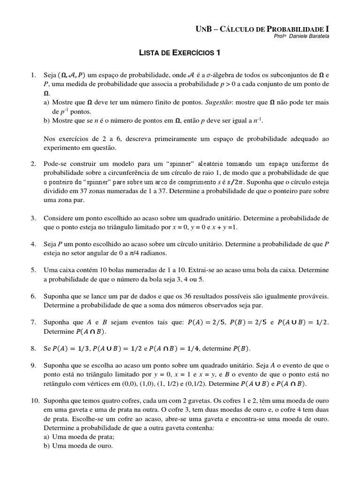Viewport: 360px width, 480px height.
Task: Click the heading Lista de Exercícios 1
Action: [x=180, y=53]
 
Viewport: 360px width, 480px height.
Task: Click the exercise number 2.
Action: [x=33, y=164]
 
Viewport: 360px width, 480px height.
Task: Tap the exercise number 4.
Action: [x=33, y=244]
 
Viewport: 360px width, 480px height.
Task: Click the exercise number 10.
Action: [x=35, y=402]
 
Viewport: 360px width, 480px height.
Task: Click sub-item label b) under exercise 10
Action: [x=46, y=446]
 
